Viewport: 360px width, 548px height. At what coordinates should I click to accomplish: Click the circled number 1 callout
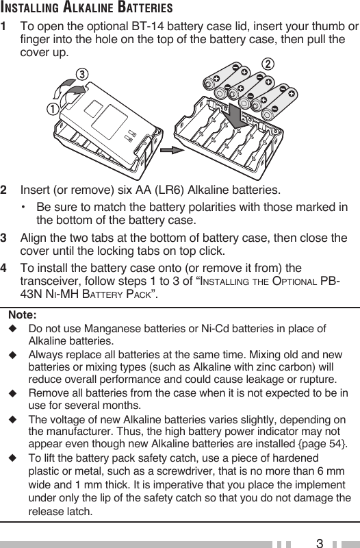pos(53,109)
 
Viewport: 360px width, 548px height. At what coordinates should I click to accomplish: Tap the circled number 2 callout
pos(268,64)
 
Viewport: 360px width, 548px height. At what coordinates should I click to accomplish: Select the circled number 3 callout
pos(81,74)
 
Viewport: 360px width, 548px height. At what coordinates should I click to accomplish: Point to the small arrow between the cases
pos(172,150)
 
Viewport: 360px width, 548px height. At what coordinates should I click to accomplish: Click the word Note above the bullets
pos(23,314)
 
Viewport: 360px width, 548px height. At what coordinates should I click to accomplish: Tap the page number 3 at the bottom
pos(319,543)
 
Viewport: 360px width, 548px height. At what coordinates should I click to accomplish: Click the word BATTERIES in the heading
pos(145,7)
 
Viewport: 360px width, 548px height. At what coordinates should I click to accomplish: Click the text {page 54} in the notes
pos(322,444)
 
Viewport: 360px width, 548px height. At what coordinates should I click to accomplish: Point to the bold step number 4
pos(3,268)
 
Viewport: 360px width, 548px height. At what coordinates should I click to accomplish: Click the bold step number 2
pos(3,190)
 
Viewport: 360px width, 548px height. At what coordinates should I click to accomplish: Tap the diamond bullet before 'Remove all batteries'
pos(13,393)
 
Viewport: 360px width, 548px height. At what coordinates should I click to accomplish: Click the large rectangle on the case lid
pos(110,123)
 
